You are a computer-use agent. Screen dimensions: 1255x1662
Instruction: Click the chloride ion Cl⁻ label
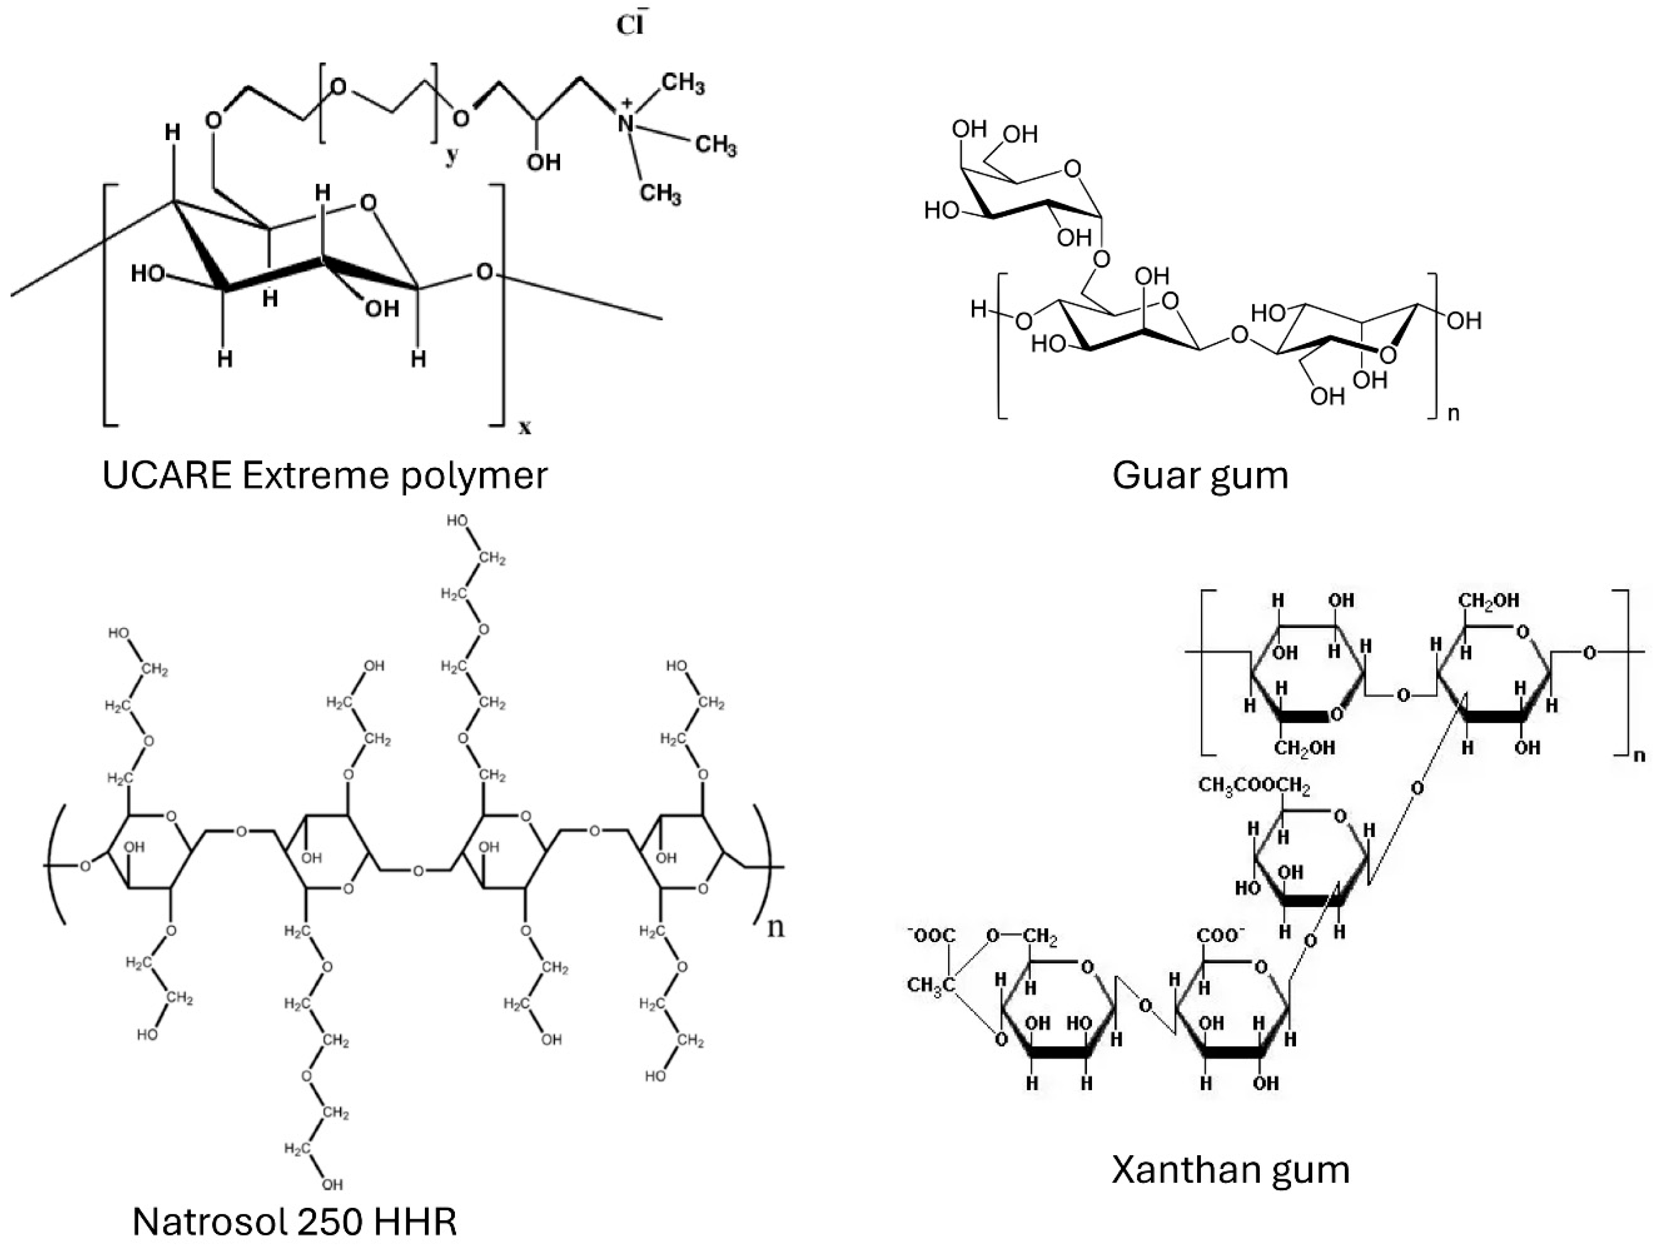tap(629, 25)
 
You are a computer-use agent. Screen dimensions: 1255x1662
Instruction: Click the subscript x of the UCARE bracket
tap(524, 428)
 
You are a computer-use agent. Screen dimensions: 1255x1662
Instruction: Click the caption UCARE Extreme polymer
tap(325, 476)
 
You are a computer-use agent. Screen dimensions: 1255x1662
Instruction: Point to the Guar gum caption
tap(1200, 476)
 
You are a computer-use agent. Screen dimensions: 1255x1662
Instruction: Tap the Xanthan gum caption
tap(1230, 1169)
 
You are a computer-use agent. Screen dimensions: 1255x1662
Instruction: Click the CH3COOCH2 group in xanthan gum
tap(1254, 786)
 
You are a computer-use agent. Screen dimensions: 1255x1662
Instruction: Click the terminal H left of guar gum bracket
tap(978, 309)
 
